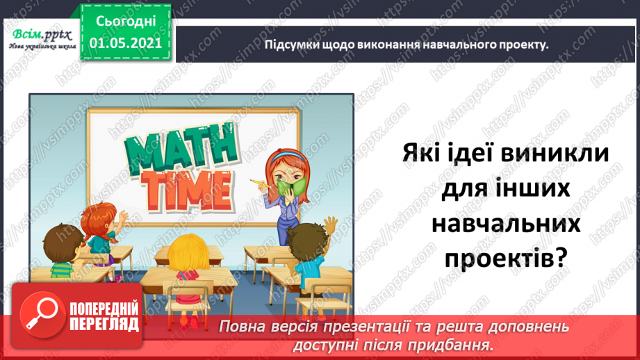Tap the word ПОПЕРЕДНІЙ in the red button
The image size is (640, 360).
105,309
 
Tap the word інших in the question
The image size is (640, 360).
536,188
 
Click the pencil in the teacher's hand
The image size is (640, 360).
258,183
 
